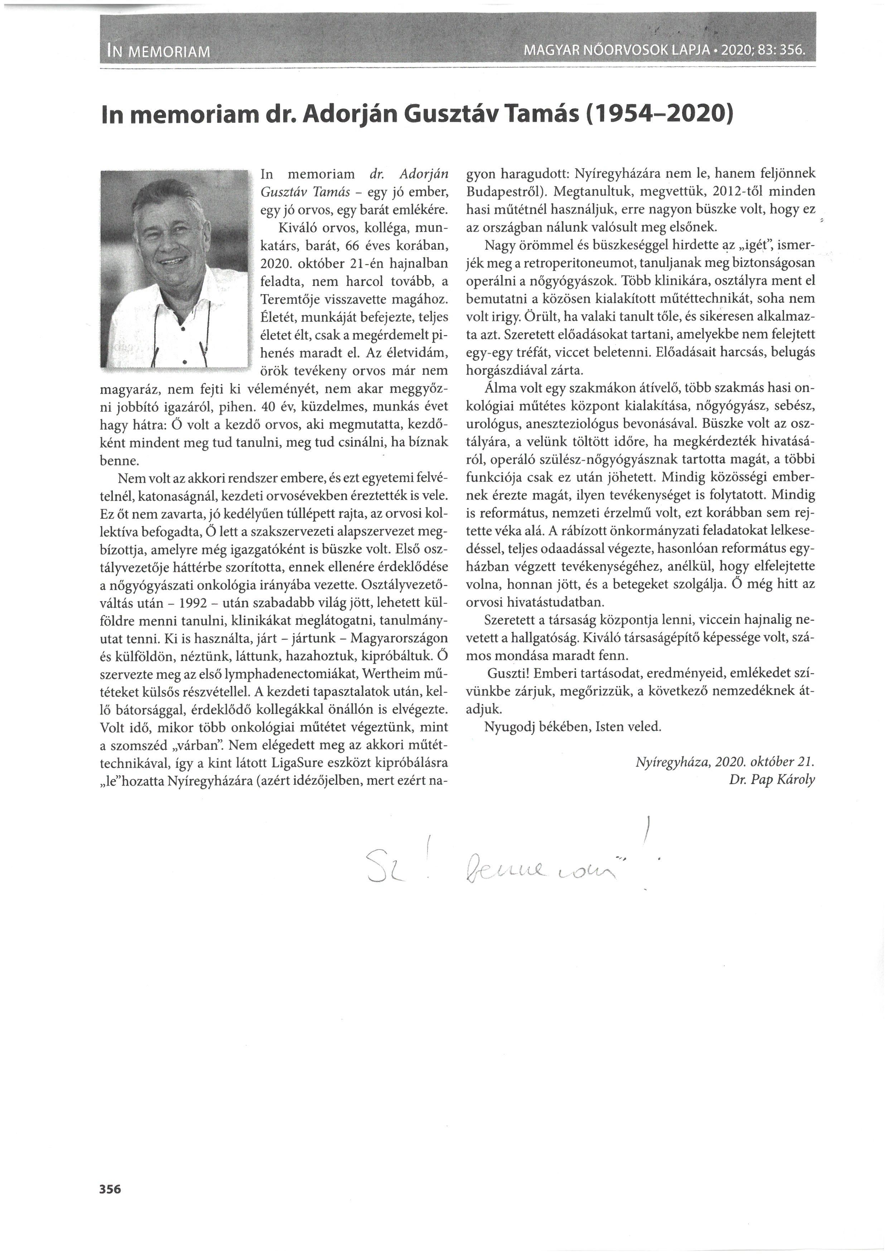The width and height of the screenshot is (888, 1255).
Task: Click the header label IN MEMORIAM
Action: point(159,53)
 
